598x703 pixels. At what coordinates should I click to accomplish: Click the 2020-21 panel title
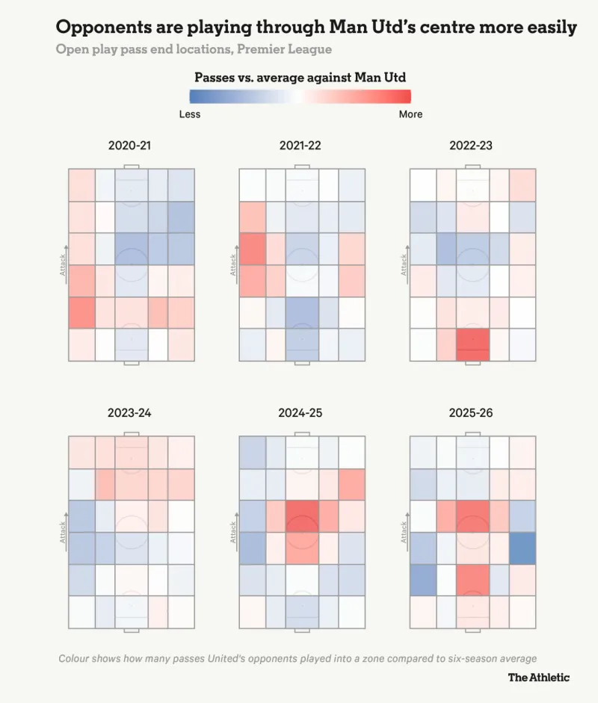coord(129,145)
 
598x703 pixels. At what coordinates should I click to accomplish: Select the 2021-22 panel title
coord(300,145)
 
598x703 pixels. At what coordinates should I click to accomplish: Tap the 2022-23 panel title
coord(471,145)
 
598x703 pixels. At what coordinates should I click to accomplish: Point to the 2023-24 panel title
coord(129,412)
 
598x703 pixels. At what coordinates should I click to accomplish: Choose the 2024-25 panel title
coord(300,412)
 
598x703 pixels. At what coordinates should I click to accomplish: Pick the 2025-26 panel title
coord(471,412)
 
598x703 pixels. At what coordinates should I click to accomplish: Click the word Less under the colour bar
coord(190,114)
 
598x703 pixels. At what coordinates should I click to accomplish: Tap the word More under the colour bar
coord(410,114)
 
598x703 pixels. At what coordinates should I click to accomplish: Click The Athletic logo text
coord(538,678)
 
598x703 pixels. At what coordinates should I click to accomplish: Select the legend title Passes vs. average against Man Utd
coord(300,77)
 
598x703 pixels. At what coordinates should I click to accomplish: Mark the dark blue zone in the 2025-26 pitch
coord(523,548)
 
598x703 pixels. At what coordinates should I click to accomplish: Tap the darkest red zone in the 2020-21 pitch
coord(81,313)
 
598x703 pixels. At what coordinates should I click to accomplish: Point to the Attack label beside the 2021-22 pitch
coord(233,265)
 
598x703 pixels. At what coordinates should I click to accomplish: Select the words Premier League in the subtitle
coord(292,49)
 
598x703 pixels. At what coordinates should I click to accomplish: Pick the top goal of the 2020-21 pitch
coord(131,166)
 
